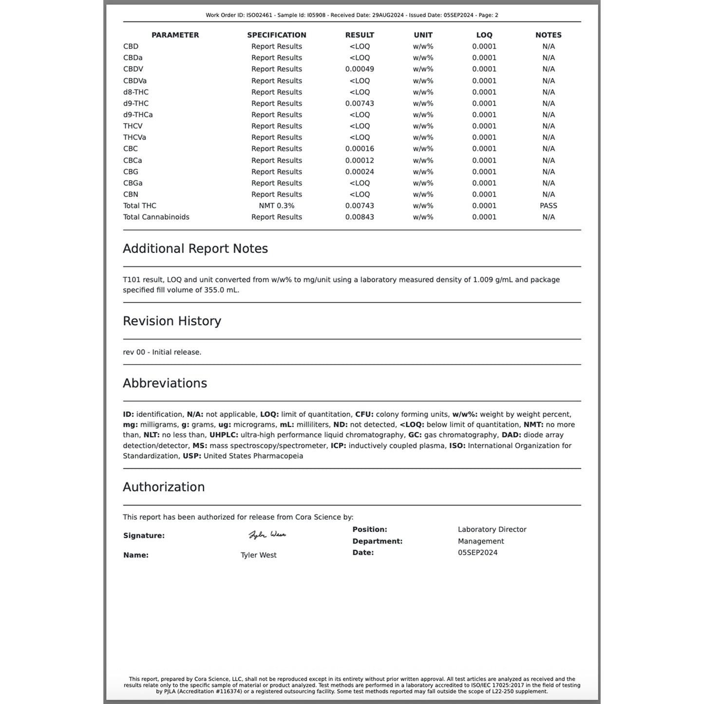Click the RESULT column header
(360, 35)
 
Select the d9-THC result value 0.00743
(360, 103)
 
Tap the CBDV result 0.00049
(360, 69)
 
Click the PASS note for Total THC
(548, 206)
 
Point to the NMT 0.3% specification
(276, 206)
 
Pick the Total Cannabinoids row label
(156, 217)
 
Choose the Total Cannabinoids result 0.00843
(360, 217)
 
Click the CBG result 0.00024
(360, 171)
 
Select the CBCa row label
(133, 160)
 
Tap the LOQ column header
(484, 35)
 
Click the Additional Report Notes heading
(195, 248)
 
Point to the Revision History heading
(172, 321)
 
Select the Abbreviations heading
(165, 383)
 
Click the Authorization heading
(164, 487)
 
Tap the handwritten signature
(267, 534)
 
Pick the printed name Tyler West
(258, 555)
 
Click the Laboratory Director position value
(492, 529)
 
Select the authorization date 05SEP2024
(477, 552)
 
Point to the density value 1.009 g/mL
(493, 280)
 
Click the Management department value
(481, 541)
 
